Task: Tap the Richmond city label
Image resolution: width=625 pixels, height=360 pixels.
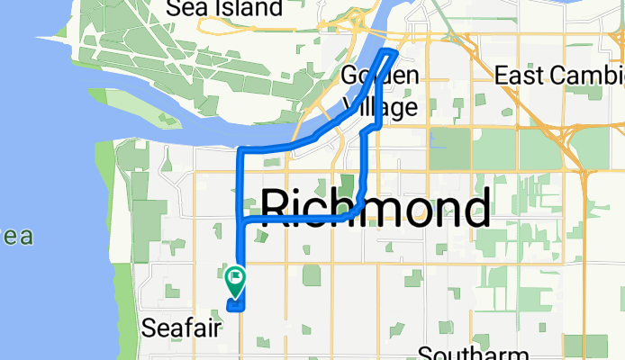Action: click(376, 208)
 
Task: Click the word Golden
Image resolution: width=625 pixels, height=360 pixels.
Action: click(381, 75)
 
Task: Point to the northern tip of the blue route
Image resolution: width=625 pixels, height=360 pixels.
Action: click(391, 51)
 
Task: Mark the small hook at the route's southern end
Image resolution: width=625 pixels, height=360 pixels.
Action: click(236, 307)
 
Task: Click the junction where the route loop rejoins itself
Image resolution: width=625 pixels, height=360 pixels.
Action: click(240, 219)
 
